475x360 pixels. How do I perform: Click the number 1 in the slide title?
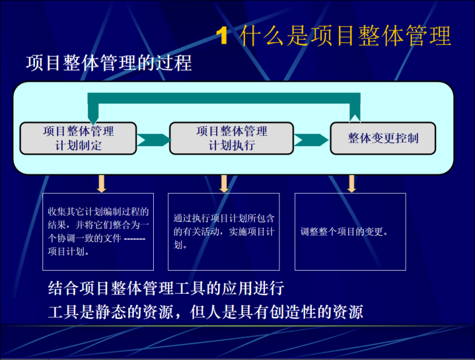pos(222,36)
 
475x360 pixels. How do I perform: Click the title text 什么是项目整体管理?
pos(345,36)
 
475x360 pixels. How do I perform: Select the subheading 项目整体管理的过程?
pos(109,64)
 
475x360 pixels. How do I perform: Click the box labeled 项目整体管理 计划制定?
pos(78,138)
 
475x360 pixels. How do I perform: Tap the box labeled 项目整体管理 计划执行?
pos(231,138)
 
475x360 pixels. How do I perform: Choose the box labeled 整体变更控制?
pos(382,138)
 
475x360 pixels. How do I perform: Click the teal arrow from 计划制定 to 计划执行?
pos(152,139)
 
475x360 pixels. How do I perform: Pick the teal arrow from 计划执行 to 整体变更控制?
pos(311,139)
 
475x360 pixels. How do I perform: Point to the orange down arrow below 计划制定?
pos(101,183)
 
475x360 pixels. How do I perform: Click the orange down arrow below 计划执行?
pos(224,183)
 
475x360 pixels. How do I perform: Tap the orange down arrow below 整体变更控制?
pos(352,183)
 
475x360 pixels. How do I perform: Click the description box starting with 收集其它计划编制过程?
pos(98,232)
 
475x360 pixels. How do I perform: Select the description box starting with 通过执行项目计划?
pos(224,232)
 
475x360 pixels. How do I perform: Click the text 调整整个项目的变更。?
pos(345,232)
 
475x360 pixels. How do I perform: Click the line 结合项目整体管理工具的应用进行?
pos(166,288)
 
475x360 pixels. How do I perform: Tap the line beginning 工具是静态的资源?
pos(206,311)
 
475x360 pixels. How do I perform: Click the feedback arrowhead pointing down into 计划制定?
pos(92,116)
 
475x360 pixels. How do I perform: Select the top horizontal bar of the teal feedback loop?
pos(225,99)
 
